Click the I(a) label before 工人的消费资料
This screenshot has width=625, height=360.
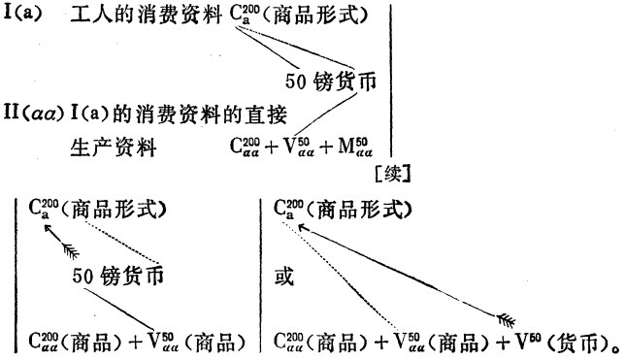(22, 14)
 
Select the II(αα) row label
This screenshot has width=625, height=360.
(34, 114)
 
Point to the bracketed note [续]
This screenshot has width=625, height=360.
(393, 175)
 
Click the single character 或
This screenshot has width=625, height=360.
(284, 276)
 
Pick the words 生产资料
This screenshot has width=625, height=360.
(114, 147)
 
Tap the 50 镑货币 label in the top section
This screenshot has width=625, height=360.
(331, 82)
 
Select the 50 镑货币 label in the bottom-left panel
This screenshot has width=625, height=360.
(118, 276)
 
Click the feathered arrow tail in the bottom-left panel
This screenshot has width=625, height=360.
(72, 251)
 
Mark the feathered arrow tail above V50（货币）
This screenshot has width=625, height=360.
(507, 320)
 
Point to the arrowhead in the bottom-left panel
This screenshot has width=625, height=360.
(48, 229)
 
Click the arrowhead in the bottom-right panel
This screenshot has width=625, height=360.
(303, 228)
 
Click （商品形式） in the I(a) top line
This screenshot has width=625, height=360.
(314, 15)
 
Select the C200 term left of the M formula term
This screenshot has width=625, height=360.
(245, 147)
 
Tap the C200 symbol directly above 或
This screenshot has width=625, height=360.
(288, 209)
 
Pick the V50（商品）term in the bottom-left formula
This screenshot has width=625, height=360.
(196, 342)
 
